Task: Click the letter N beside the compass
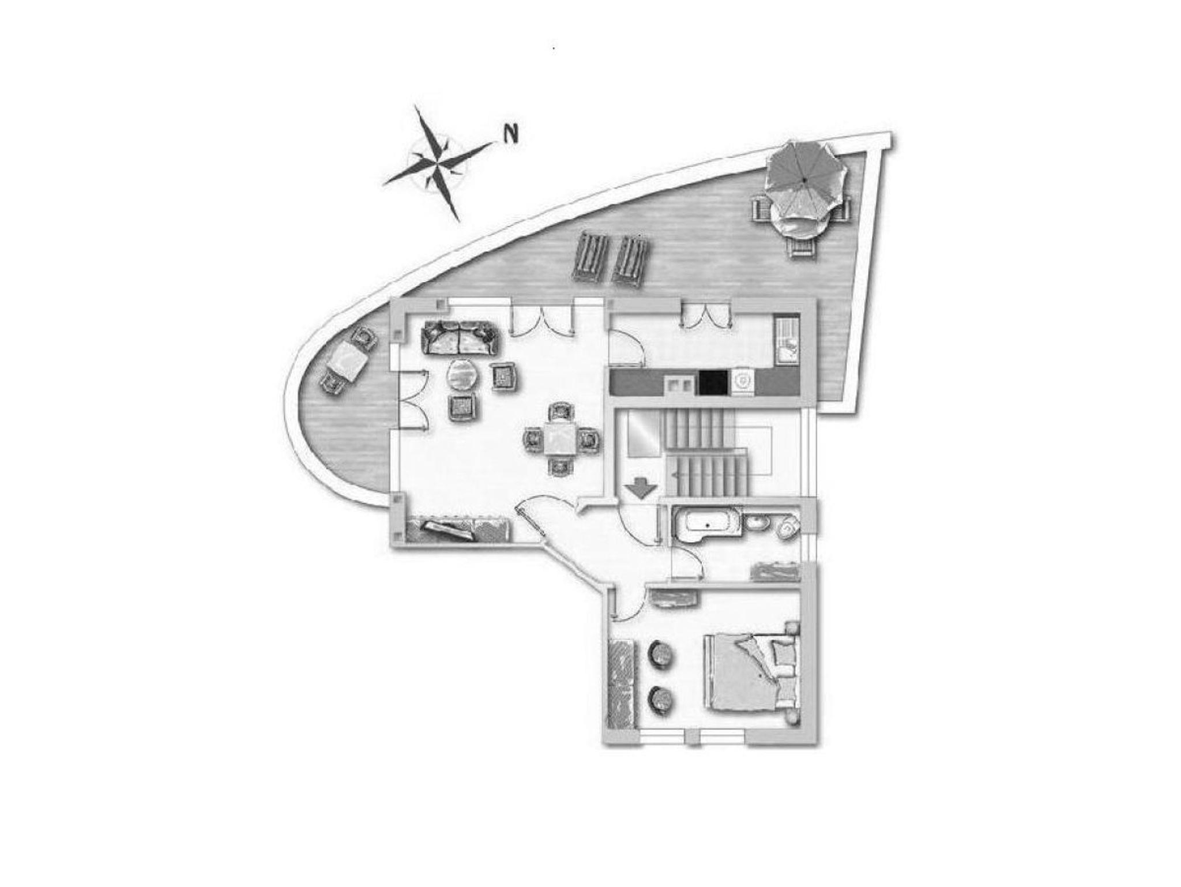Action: click(x=510, y=133)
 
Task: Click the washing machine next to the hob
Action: click(x=743, y=382)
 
